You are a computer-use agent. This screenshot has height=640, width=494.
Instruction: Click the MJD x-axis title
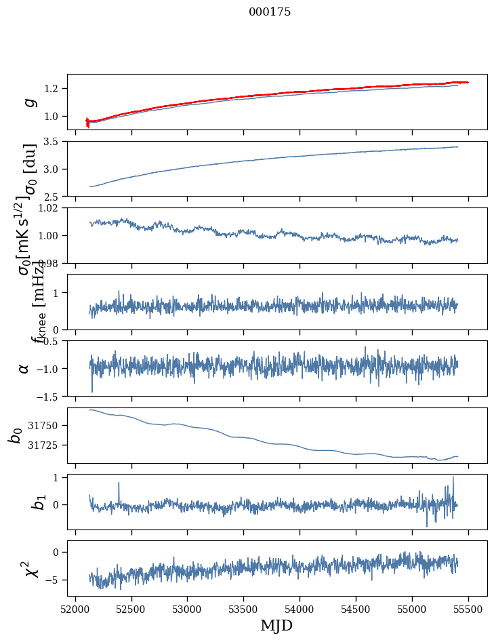tap(276, 626)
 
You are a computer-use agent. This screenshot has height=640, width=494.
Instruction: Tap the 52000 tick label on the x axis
tap(75, 609)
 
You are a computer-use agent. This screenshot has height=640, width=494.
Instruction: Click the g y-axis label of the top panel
tap(28, 102)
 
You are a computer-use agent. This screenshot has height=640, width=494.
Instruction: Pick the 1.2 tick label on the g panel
tap(54, 89)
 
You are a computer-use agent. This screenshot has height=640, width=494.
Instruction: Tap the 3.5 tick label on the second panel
tap(54, 142)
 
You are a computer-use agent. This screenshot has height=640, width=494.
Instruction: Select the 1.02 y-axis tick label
tap(52, 208)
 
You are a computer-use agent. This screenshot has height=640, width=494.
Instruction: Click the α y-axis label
tap(24, 368)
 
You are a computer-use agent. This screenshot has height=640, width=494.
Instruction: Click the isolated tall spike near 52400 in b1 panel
tap(119, 483)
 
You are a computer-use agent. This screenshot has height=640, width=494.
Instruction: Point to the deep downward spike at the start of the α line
tap(92, 391)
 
